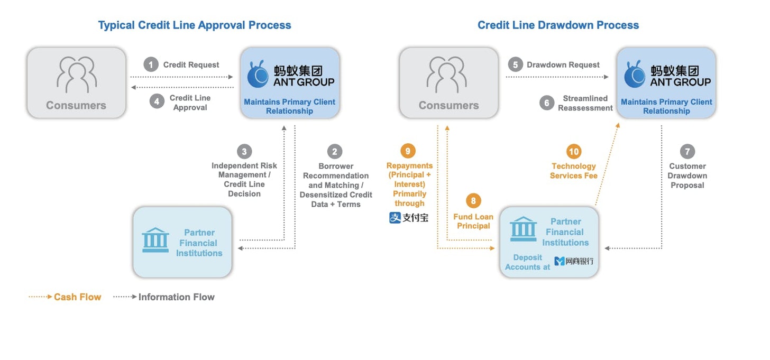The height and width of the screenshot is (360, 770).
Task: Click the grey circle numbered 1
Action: pyautogui.click(x=151, y=64)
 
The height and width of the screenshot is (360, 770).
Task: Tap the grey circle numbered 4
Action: pyautogui.click(x=157, y=101)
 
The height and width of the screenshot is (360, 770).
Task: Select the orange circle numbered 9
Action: pyautogui.click(x=408, y=151)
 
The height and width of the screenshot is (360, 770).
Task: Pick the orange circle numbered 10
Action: pyautogui.click(x=574, y=152)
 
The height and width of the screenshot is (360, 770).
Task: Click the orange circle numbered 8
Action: pyautogui.click(x=473, y=201)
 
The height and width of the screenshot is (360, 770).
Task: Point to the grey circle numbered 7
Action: pyautogui.click(x=687, y=152)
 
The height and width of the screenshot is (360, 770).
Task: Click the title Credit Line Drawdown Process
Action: pyautogui.click(x=558, y=25)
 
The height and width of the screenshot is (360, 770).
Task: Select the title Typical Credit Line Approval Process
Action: pyautogui.click(x=195, y=25)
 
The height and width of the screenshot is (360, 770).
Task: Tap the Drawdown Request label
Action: pyautogui.click(x=563, y=64)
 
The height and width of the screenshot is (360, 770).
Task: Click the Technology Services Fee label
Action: pyautogui.click(x=574, y=171)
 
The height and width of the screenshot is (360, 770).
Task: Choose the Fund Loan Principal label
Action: pyautogui.click(x=473, y=221)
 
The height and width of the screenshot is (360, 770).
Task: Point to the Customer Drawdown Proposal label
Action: pyautogui.click(x=687, y=176)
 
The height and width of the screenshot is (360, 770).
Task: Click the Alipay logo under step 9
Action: pyautogui.click(x=409, y=217)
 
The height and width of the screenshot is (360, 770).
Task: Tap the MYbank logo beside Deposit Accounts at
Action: pyautogui.click(x=574, y=261)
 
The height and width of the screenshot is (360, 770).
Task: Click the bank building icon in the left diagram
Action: pyautogui.click(x=155, y=240)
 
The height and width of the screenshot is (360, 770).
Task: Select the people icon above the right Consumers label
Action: pyautogui.click(x=447, y=75)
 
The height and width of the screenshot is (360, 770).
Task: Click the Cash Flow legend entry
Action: pyautogui.click(x=65, y=297)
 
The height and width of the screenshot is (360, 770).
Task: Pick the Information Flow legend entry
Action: pyautogui.click(x=164, y=297)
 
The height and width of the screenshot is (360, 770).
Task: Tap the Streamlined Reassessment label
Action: pyautogui.click(x=585, y=103)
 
